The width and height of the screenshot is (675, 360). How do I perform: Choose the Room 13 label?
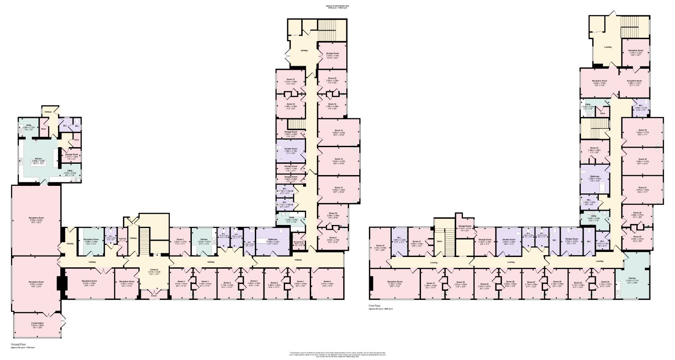click(339, 130)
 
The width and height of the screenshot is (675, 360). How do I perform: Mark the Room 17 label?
click(290, 79)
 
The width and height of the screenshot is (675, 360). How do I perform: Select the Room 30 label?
click(460, 282)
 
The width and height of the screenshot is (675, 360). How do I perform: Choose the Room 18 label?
click(643, 130)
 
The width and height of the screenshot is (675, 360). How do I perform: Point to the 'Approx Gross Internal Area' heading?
click(338, 6)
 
